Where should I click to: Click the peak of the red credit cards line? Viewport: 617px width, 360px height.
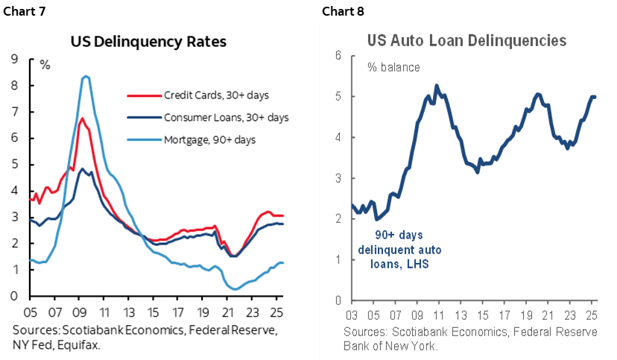pos(82,119)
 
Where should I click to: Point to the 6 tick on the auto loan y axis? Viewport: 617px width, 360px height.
pos(338,56)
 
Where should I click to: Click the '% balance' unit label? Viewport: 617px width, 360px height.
pos(393,67)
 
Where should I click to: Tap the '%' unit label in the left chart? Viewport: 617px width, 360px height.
pos(45,65)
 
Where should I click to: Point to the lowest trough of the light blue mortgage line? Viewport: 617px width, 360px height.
pos(235,289)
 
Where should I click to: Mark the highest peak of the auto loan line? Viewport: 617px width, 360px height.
pos(436,86)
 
